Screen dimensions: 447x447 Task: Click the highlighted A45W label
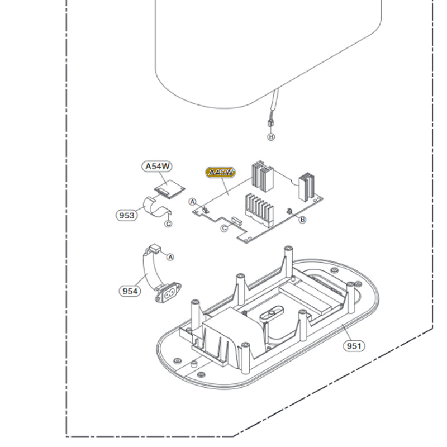(220, 173)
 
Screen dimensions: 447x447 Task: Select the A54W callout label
(157, 166)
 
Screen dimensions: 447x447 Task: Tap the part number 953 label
(127, 215)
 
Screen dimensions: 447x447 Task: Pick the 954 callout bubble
(130, 291)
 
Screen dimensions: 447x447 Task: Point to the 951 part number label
(354, 346)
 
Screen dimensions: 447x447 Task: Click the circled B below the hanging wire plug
(271, 137)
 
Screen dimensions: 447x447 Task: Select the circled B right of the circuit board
(303, 220)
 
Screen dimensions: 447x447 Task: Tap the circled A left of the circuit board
(193, 201)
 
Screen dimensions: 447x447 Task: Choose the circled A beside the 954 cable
(171, 256)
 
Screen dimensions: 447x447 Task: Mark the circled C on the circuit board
(224, 228)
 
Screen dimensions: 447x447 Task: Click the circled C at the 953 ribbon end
(167, 223)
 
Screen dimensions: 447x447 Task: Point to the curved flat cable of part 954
(151, 271)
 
